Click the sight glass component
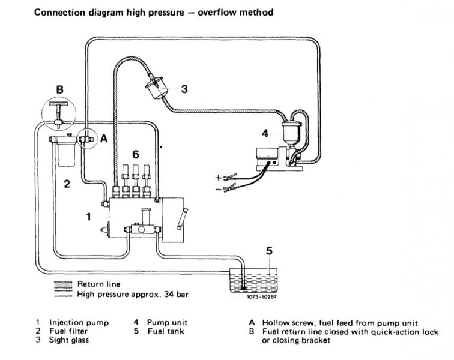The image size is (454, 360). click(x=156, y=88)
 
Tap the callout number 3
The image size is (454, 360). click(x=184, y=89)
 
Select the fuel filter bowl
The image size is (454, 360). click(x=66, y=155)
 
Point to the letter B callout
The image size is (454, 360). click(x=59, y=89)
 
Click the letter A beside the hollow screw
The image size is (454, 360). click(x=104, y=139)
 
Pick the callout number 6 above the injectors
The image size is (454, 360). click(x=136, y=155)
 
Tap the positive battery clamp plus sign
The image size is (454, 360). click(x=219, y=177)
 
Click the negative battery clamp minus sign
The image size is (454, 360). click(x=219, y=190)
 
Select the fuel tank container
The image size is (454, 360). click(x=253, y=280)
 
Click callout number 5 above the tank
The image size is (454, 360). click(x=269, y=251)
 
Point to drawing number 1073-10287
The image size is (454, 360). click(x=262, y=296)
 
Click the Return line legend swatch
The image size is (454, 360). click(x=63, y=284)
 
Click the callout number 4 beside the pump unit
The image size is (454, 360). click(x=265, y=133)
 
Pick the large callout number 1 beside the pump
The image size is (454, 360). click(x=89, y=217)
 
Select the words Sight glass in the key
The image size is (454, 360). click(x=69, y=340)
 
